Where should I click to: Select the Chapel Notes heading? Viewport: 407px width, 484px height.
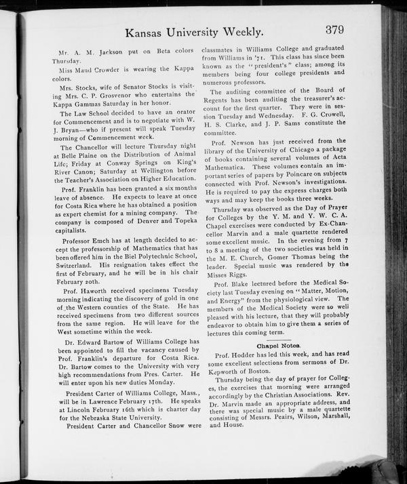(x=278, y=346)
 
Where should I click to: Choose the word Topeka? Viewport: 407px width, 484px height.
(x=185, y=222)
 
